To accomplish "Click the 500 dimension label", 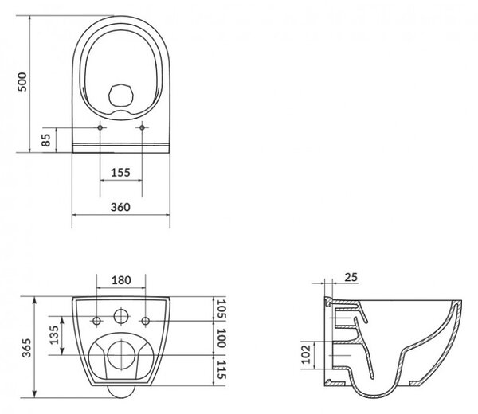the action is pyautogui.click(x=22, y=82).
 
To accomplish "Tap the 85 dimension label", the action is pyautogui.click(x=45, y=140).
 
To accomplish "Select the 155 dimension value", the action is pyautogui.click(x=120, y=173).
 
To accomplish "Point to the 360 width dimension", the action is pyautogui.click(x=120, y=207).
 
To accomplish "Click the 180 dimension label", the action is pyautogui.click(x=121, y=280).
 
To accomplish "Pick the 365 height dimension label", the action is pyautogui.click(x=26, y=348).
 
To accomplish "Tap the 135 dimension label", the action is pyautogui.click(x=54, y=335).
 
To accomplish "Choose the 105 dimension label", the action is pyautogui.click(x=221, y=309).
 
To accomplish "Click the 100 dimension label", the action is pyautogui.click(x=221, y=338).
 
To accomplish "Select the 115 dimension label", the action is pyautogui.click(x=221, y=370).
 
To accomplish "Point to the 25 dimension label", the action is pyautogui.click(x=351, y=277).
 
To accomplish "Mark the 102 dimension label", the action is pyautogui.click(x=306, y=354).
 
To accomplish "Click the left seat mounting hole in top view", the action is pyautogui.click(x=100, y=127).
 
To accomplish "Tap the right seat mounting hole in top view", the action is pyautogui.click(x=142, y=127).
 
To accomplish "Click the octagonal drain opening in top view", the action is pyautogui.click(x=121, y=96).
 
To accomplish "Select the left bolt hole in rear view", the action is pyautogui.click(x=97, y=321).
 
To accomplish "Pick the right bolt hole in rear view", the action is pyautogui.click(x=146, y=321).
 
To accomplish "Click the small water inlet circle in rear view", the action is pyautogui.click(x=121, y=316).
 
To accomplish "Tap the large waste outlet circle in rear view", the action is pyautogui.click(x=121, y=355).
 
